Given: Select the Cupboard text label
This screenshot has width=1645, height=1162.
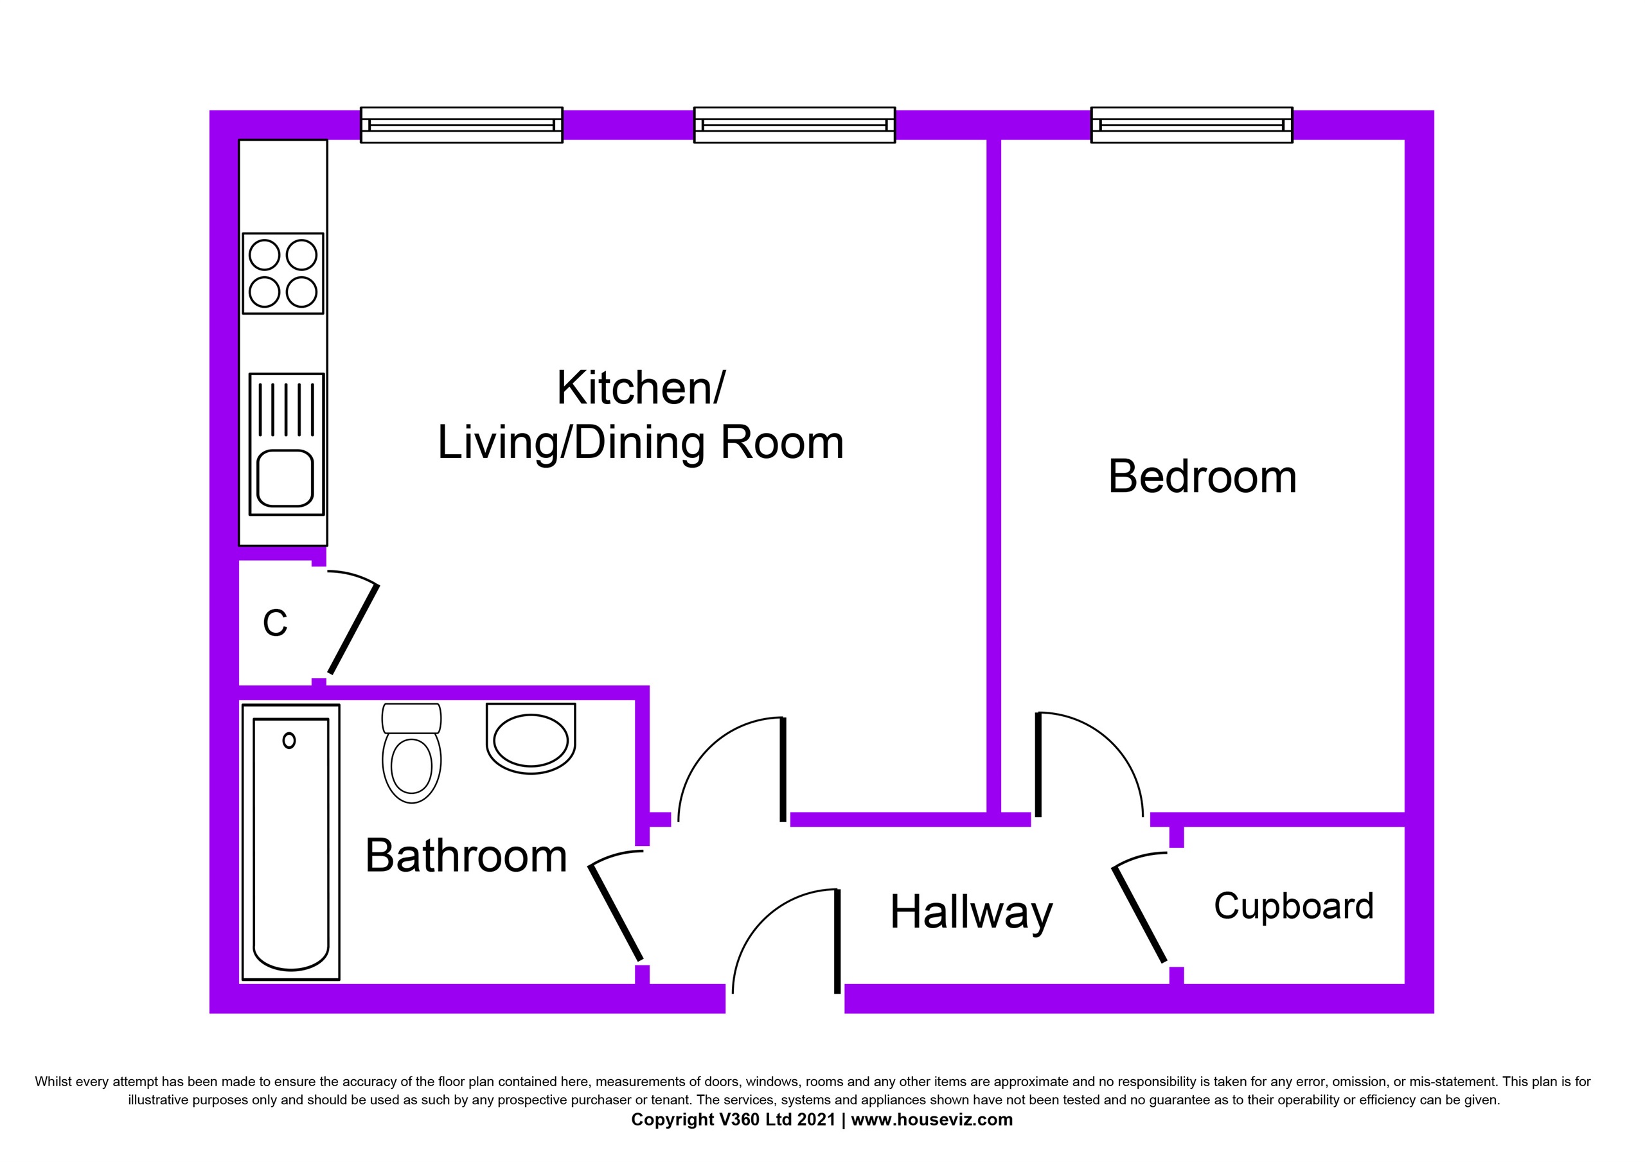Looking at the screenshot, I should pyautogui.click(x=1294, y=906).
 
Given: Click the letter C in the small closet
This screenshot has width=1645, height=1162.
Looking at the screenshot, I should pyautogui.click(x=275, y=623).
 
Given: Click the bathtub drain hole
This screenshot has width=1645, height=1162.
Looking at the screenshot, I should pyautogui.click(x=289, y=741).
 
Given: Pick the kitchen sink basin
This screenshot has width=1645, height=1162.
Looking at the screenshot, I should pyautogui.click(x=285, y=478).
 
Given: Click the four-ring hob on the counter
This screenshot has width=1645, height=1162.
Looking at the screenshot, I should pyautogui.click(x=283, y=274).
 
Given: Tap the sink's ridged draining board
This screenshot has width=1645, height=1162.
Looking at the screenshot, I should pyautogui.click(x=287, y=410).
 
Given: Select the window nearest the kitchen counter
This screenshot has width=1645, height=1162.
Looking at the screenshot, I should pyautogui.click(x=461, y=125).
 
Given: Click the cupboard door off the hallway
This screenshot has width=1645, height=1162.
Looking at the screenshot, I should pyautogui.click(x=1139, y=915).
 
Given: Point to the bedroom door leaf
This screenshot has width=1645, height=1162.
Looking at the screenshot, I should pyautogui.click(x=1038, y=765).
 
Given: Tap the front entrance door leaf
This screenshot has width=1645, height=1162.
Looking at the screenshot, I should pyautogui.click(x=837, y=941).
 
